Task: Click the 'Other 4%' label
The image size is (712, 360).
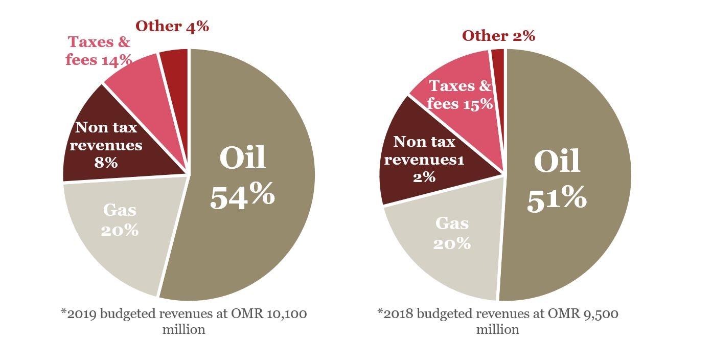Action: pyautogui.click(x=172, y=26)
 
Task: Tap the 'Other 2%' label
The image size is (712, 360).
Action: pyautogui.click(x=498, y=36)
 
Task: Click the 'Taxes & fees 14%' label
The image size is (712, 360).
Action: pyautogui.click(x=99, y=51)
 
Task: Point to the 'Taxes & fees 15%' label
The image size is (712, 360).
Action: pyautogui.click(x=460, y=95)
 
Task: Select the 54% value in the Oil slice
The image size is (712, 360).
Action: pyautogui.click(x=242, y=196)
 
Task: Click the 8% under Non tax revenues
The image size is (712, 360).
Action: pyautogui.click(x=106, y=163)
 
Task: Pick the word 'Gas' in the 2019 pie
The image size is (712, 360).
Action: pyautogui.click(x=120, y=210)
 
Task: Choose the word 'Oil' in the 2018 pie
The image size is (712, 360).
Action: pyautogui.click(x=557, y=162)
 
